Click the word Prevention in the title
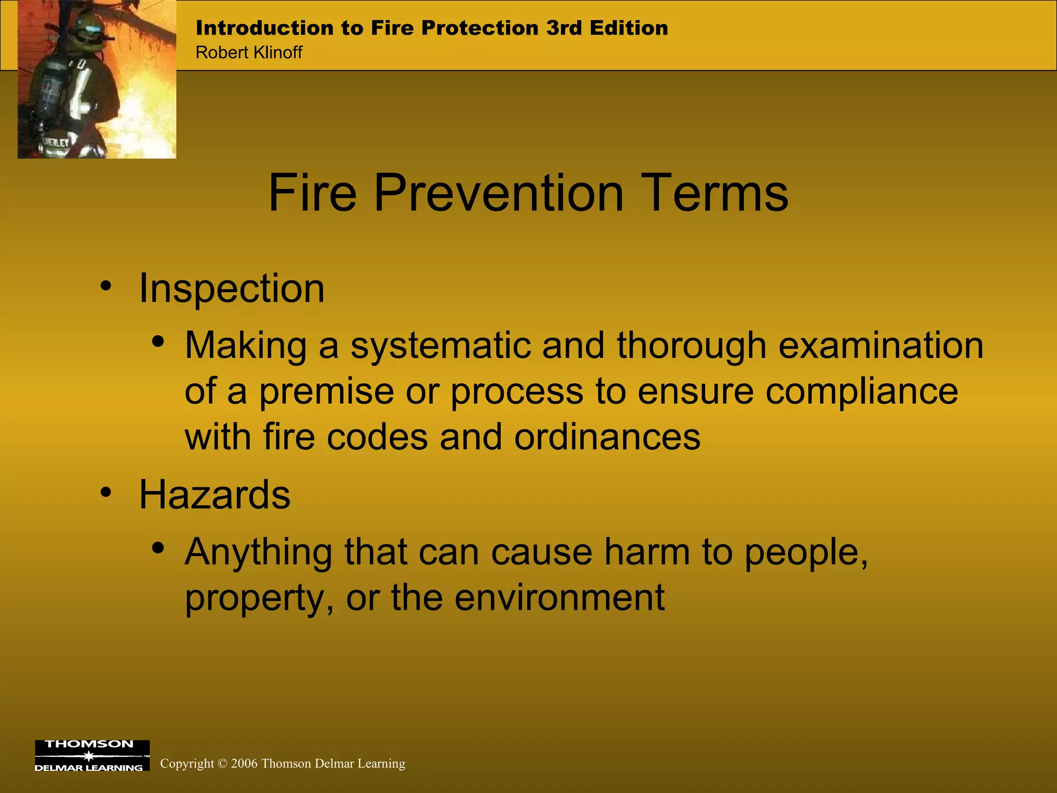point(498,193)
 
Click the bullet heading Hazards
point(215,495)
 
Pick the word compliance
point(861,391)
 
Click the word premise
point(326,391)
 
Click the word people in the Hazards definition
point(805,552)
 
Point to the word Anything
point(258,552)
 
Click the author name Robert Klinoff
point(249,53)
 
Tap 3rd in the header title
point(564,28)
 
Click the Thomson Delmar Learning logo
point(92,755)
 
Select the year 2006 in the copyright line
point(244,764)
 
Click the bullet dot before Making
point(158,342)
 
